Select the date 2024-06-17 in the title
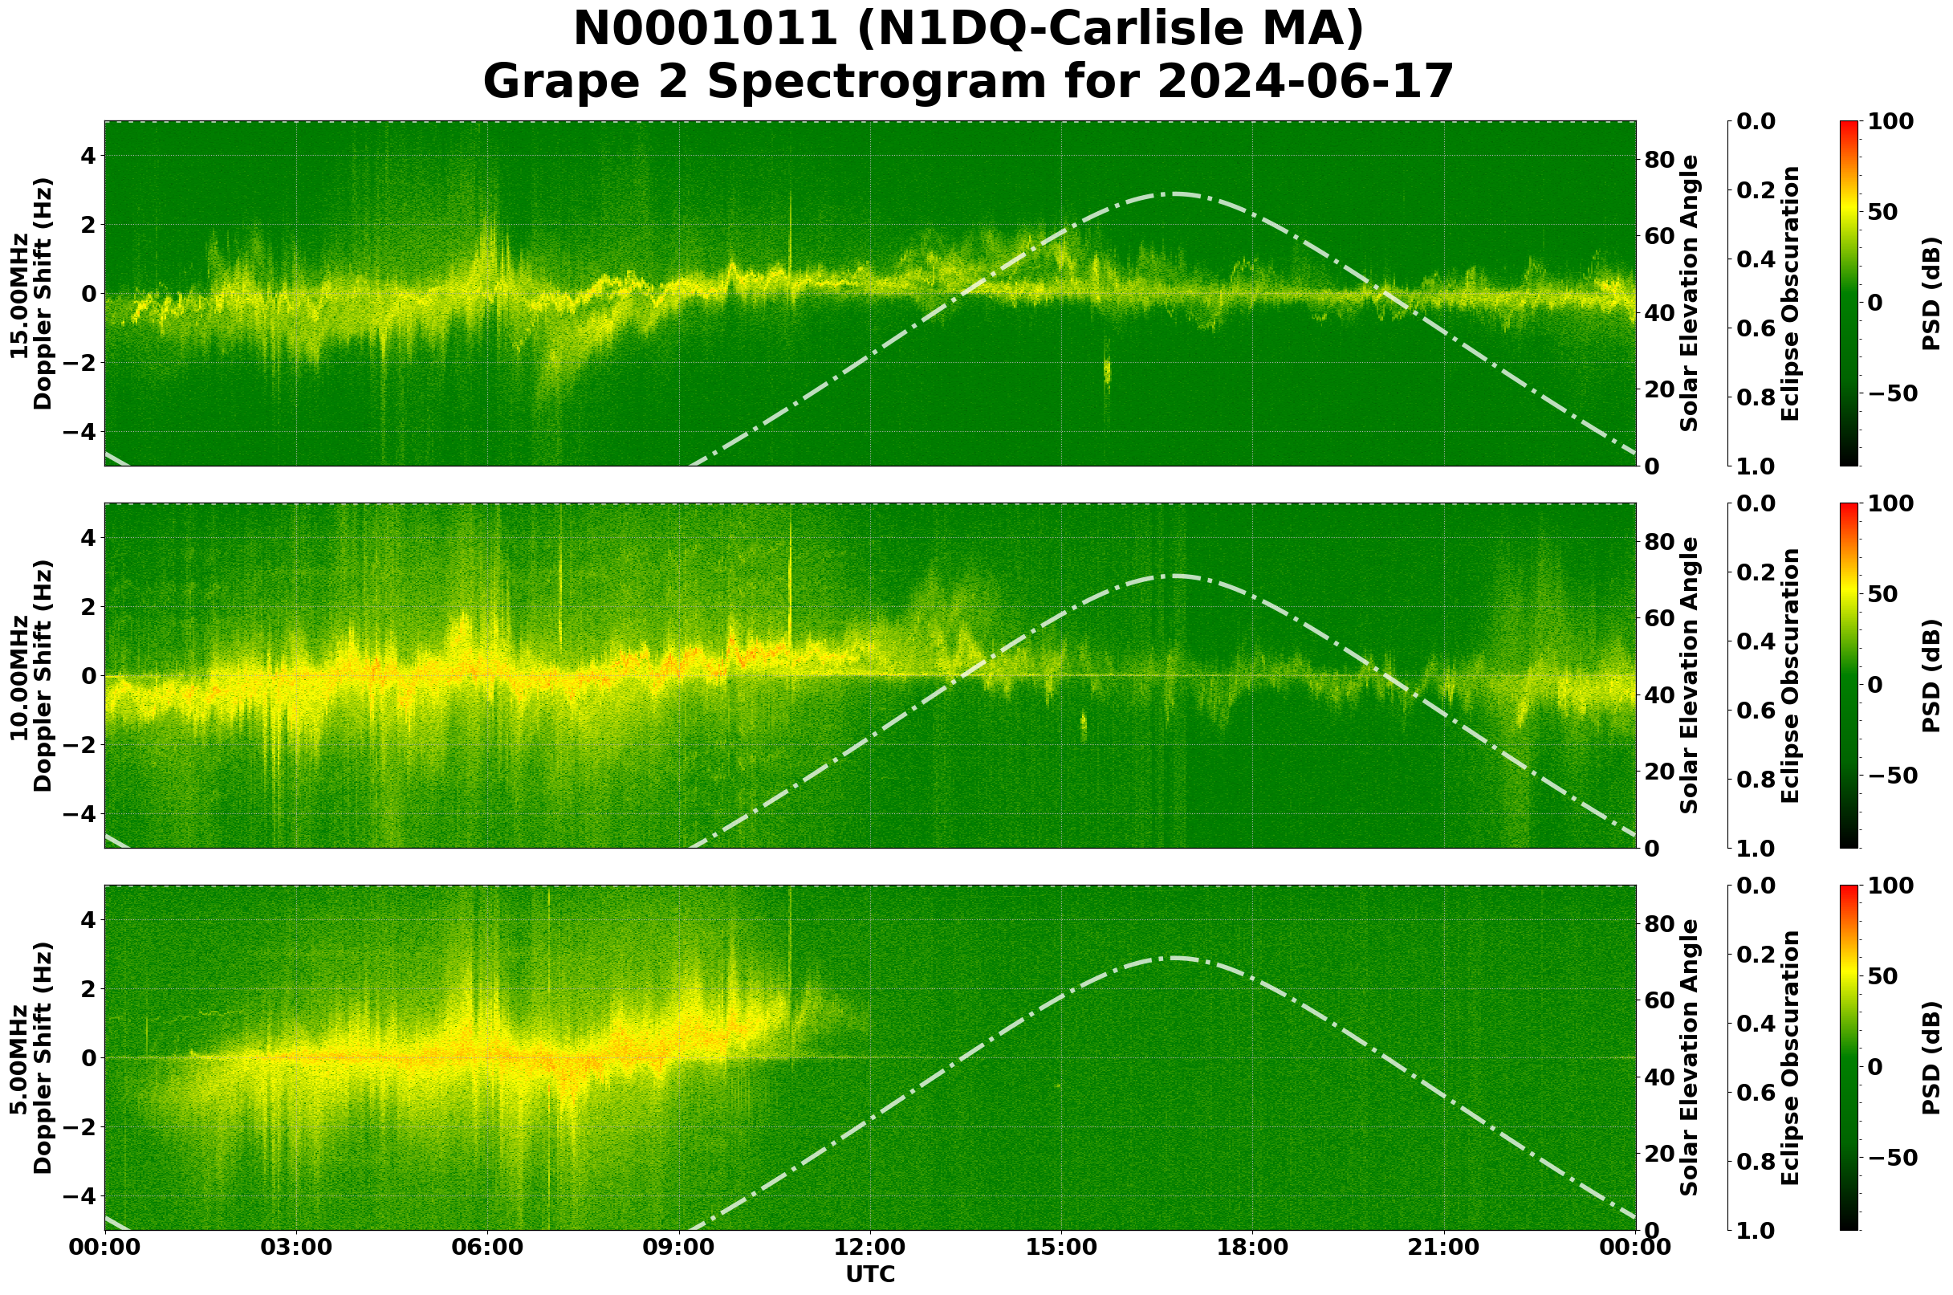pyautogui.click(x=1304, y=83)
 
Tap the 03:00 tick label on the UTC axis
pyautogui.click(x=295, y=1247)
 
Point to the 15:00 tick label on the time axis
pyautogui.click(x=1060, y=1247)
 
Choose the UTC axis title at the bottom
pyautogui.click(x=870, y=1274)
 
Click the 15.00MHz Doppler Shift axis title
pyautogui.click(x=31, y=293)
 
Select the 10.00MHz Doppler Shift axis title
pyautogui.click(x=31, y=675)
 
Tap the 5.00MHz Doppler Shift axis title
pyautogui.click(x=31, y=1058)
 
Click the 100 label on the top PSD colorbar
pyautogui.click(x=1891, y=122)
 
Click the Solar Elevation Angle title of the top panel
pyautogui.click(x=1690, y=293)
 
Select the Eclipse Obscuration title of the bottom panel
pyautogui.click(x=1789, y=1058)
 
